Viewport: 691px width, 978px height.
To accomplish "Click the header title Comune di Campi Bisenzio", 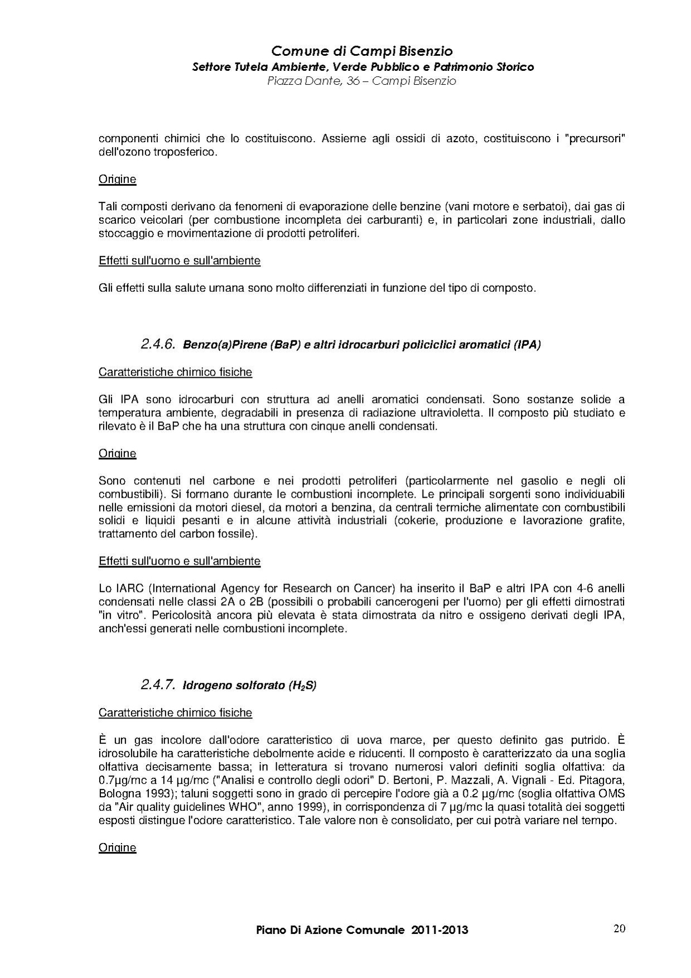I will tap(361, 51).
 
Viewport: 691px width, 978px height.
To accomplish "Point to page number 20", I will tap(619, 928).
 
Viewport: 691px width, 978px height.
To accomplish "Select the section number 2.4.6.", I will tap(158, 344).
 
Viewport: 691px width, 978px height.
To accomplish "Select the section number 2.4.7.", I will tap(158, 685).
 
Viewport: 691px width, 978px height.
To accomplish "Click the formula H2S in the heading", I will tap(303, 686).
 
